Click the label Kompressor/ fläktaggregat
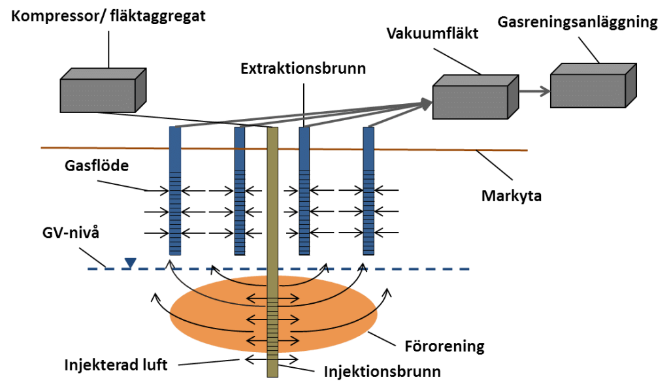click(x=108, y=16)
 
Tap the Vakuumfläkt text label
click(x=432, y=33)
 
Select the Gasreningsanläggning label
click(x=578, y=22)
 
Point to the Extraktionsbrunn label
click(x=303, y=68)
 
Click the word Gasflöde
click(x=97, y=165)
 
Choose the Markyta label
click(x=511, y=196)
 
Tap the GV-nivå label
click(x=71, y=233)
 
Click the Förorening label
click(x=444, y=346)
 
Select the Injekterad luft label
click(x=116, y=365)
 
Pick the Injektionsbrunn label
click(x=382, y=372)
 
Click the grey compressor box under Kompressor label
click(x=103, y=90)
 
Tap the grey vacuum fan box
click(x=476, y=97)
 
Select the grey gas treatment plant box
click(x=593, y=86)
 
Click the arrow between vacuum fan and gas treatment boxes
click(x=534, y=91)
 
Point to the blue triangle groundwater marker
click(x=130, y=263)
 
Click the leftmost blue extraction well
click(x=175, y=191)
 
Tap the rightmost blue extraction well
click(x=368, y=191)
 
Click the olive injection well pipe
click(x=272, y=252)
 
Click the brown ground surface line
click(x=284, y=149)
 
